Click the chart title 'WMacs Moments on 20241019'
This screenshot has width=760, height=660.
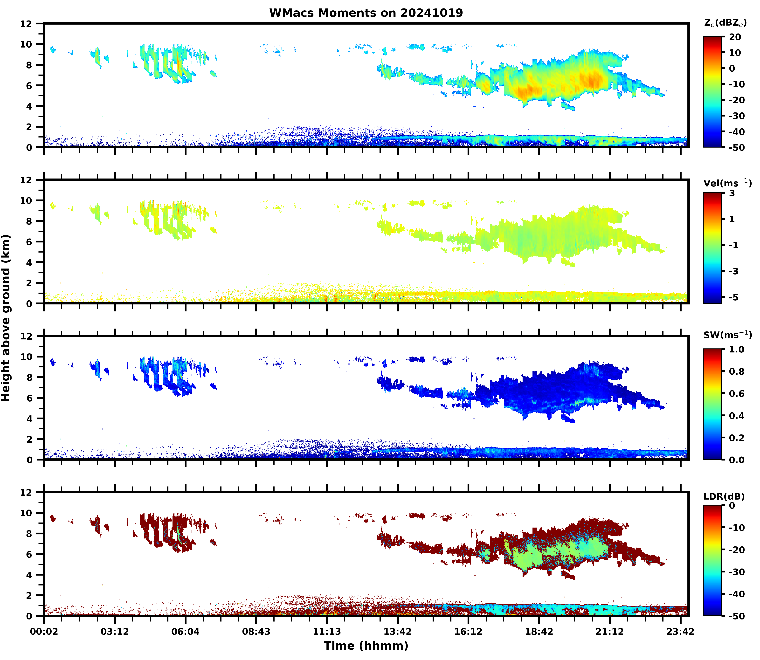(x=366, y=13)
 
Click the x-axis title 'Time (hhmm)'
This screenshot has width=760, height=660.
(x=366, y=645)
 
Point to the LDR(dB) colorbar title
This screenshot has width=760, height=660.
(x=724, y=496)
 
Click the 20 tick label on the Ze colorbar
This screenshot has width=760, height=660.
(x=735, y=37)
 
